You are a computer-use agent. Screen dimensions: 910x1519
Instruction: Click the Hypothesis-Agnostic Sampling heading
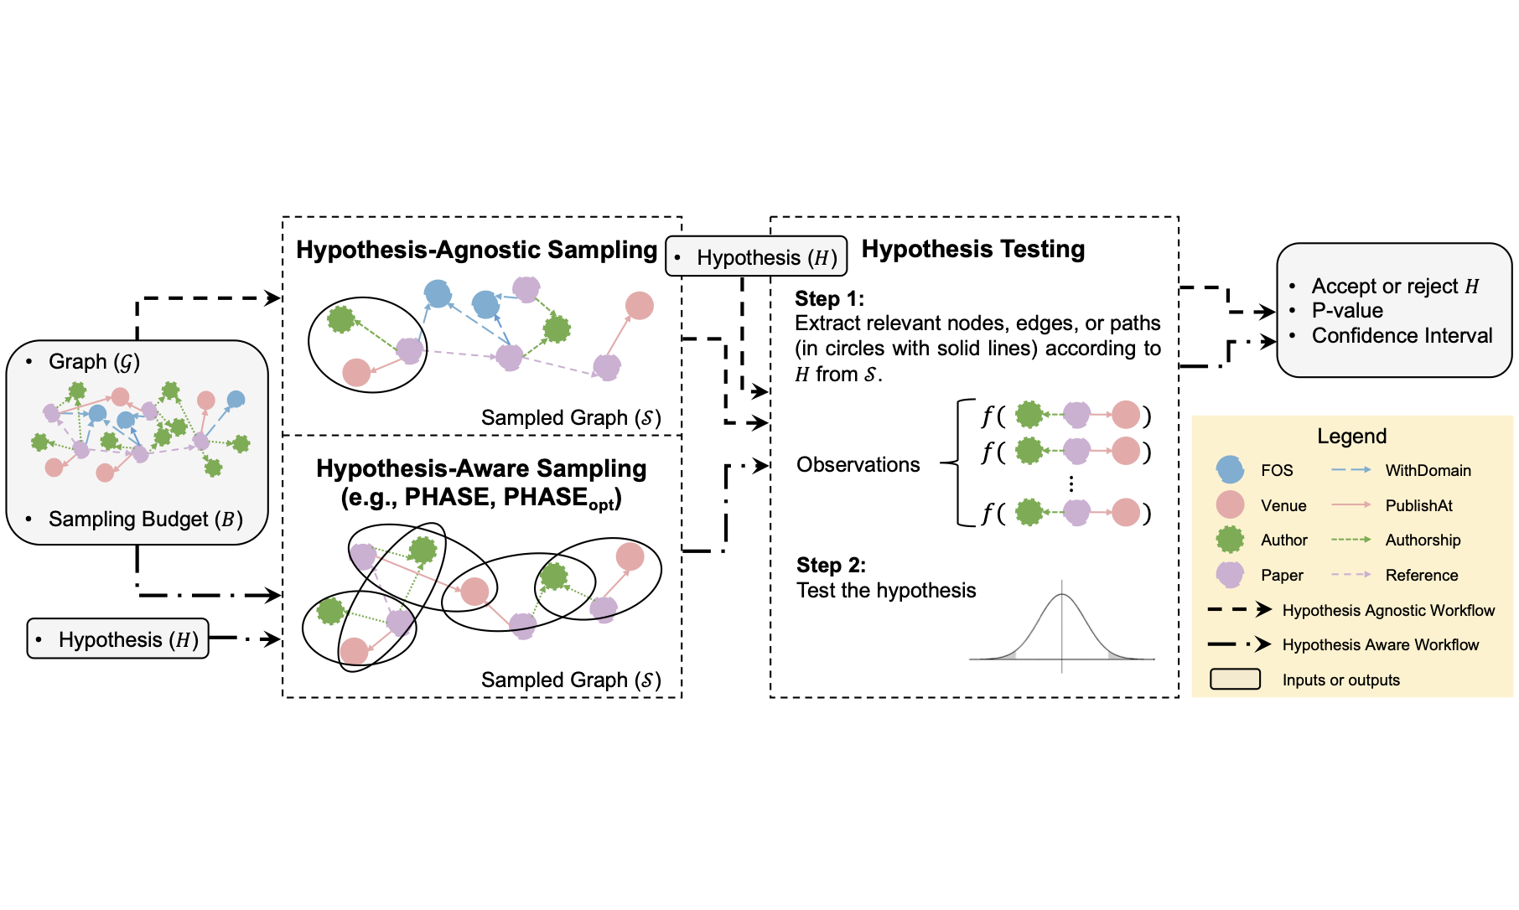476,250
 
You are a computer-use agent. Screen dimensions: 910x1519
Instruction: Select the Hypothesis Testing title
972,249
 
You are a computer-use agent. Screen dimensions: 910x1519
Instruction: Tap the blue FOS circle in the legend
1230,470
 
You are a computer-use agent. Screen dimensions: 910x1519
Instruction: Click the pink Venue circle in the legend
1230,505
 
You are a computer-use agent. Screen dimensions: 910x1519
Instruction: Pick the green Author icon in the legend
1230,540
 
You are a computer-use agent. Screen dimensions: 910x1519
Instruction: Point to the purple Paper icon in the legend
1230,575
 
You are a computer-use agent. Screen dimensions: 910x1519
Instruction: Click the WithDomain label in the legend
1428,470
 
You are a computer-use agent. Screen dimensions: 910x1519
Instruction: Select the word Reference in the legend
1421,575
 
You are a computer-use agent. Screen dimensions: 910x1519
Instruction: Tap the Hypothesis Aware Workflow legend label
1380,644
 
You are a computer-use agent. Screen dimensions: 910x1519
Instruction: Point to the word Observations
858,464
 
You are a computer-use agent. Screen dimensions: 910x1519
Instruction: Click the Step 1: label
828,298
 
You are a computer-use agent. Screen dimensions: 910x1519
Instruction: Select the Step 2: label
830,565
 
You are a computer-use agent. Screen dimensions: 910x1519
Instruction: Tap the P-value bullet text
1347,310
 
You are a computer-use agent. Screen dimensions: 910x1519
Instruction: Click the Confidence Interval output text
1402,335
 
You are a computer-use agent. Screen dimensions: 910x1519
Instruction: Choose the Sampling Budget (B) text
145,519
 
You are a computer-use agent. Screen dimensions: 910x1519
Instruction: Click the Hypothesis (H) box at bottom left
118,639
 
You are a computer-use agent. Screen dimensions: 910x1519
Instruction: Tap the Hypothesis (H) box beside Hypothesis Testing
756,257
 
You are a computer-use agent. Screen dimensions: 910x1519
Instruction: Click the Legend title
1351,436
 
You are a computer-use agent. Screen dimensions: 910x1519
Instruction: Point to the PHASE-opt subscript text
601,505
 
